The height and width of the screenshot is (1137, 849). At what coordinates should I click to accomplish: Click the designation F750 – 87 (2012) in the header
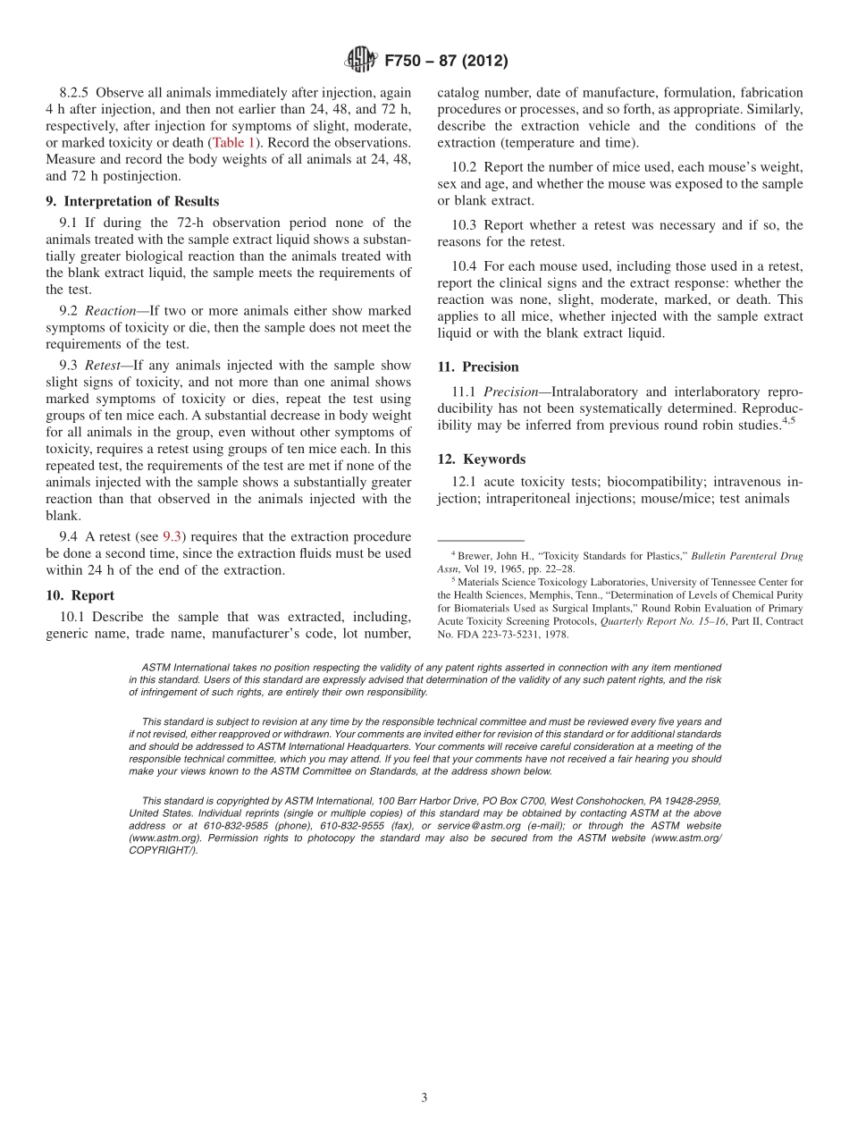[446, 61]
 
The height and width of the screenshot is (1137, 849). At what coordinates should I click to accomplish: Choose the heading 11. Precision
[477, 366]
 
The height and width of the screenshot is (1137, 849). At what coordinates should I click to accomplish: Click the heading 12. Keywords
[481, 459]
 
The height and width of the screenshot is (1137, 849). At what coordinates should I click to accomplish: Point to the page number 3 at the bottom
[424, 1098]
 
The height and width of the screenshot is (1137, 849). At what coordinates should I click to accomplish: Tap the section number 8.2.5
[76, 93]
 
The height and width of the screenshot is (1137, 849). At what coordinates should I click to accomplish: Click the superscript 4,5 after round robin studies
[789, 420]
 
